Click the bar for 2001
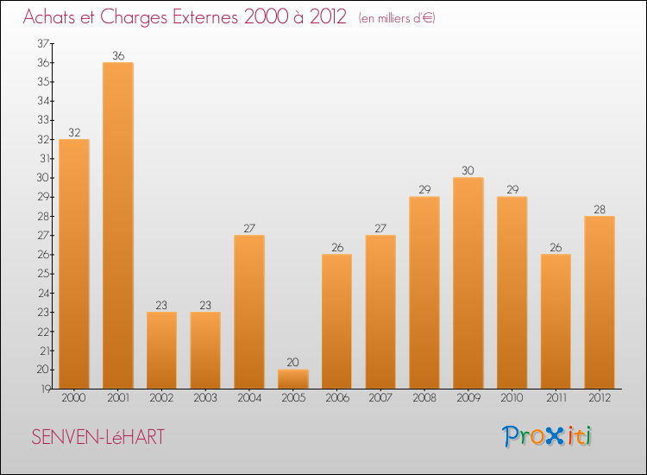(x=118, y=225)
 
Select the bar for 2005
(x=293, y=379)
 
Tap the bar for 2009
(x=468, y=283)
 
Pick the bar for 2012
(x=600, y=302)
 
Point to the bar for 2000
(x=74, y=264)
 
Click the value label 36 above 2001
(x=118, y=56)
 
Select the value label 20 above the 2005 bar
(x=293, y=363)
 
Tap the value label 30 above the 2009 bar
(x=468, y=171)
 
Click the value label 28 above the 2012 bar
(x=600, y=209)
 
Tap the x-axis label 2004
(x=249, y=398)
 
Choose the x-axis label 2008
(x=424, y=398)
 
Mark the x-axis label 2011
(x=556, y=398)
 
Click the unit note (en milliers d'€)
(x=396, y=18)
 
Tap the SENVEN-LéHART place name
(x=97, y=437)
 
